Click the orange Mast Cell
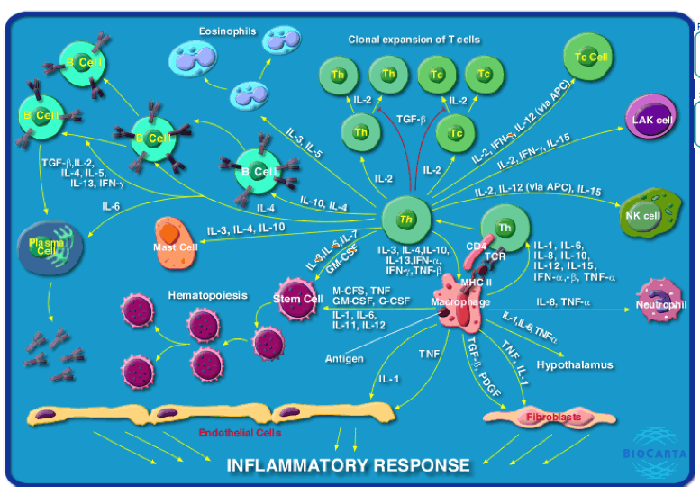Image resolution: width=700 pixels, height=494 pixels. click(x=175, y=242)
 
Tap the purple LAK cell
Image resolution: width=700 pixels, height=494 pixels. click(x=651, y=119)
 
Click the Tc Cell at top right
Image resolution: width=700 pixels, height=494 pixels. click(x=591, y=57)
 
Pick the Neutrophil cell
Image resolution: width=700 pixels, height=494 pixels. click(x=661, y=301)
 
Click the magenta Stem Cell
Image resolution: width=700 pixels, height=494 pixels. click(x=298, y=300)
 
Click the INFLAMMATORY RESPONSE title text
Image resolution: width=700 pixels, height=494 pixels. click(x=348, y=465)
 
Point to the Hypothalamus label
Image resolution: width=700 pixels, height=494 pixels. click(x=575, y=364)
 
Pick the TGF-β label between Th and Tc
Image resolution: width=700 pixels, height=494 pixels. click(x=413, y=117)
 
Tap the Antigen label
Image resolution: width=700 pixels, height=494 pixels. click(x=344, y=358)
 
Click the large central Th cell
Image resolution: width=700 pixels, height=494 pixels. click(x=406, y=220)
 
